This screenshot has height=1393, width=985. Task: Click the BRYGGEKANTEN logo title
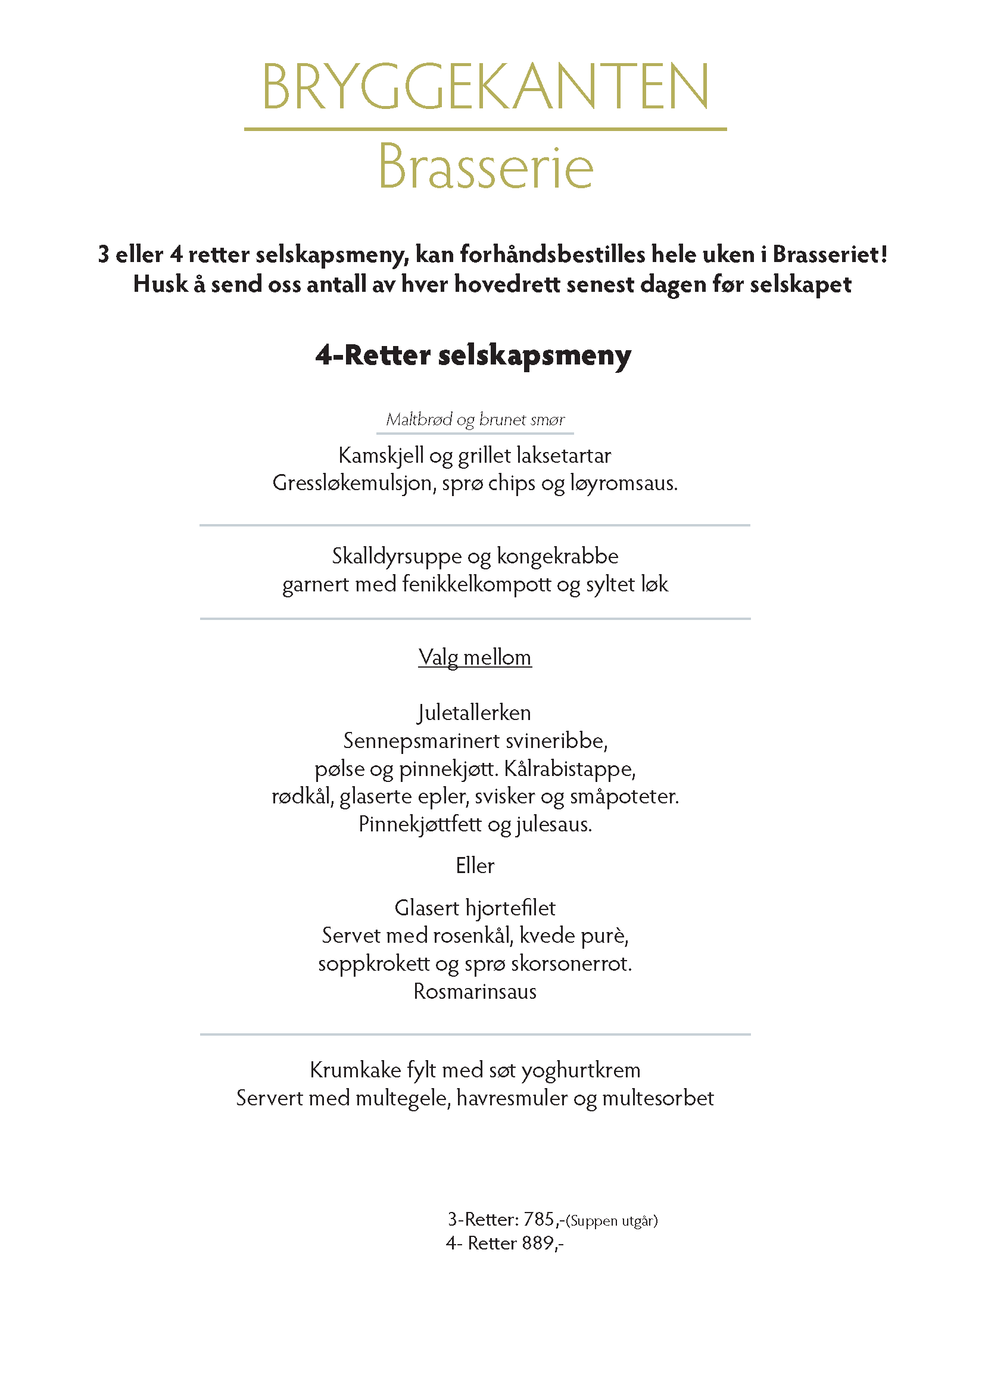pyautogui.click(x=485, y=86)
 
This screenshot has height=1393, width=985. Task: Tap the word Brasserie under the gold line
pyautogui.click(x=485, y=167)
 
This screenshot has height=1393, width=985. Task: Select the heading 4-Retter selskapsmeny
pyautogui.click(x=473, y=355)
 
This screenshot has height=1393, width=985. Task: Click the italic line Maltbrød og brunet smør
pyautogui.click(x=475, y=419)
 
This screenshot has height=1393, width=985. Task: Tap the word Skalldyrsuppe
pyautogui.click(x=396, y=556)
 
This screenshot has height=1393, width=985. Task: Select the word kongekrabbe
pyautogui.click(x=557, y=556)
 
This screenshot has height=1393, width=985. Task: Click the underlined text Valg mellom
pyautogui.click(x=475, y=657)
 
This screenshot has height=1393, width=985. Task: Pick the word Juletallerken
pyautogui.click(x=474, y=712)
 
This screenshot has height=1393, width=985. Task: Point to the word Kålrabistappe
pyautogui.click(x=569, y=769)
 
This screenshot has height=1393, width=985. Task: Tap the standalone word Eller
pyautogui.click(x=475, y=865)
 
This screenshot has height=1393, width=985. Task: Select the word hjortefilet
pyautogui.click(x=510, y=908)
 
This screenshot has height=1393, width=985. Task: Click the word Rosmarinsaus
pyautogui.click(x=475, y=992)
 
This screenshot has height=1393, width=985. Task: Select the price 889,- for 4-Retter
pyautogui.click(x=543, y=1243)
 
